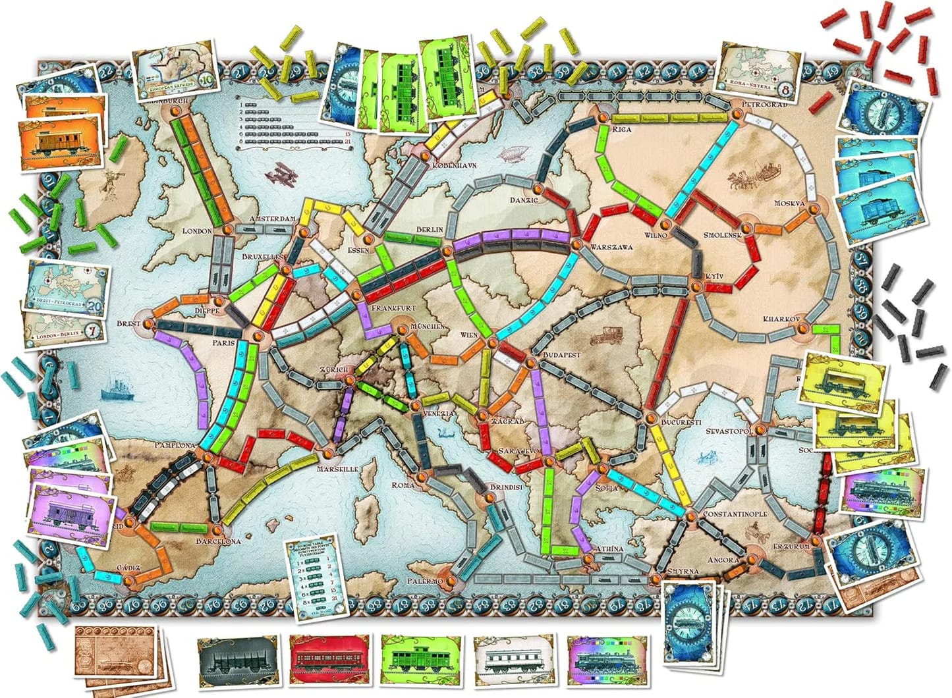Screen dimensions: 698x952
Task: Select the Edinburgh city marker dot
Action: [x=176, y=112]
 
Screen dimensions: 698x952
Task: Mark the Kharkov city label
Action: [x=781, y=319]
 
